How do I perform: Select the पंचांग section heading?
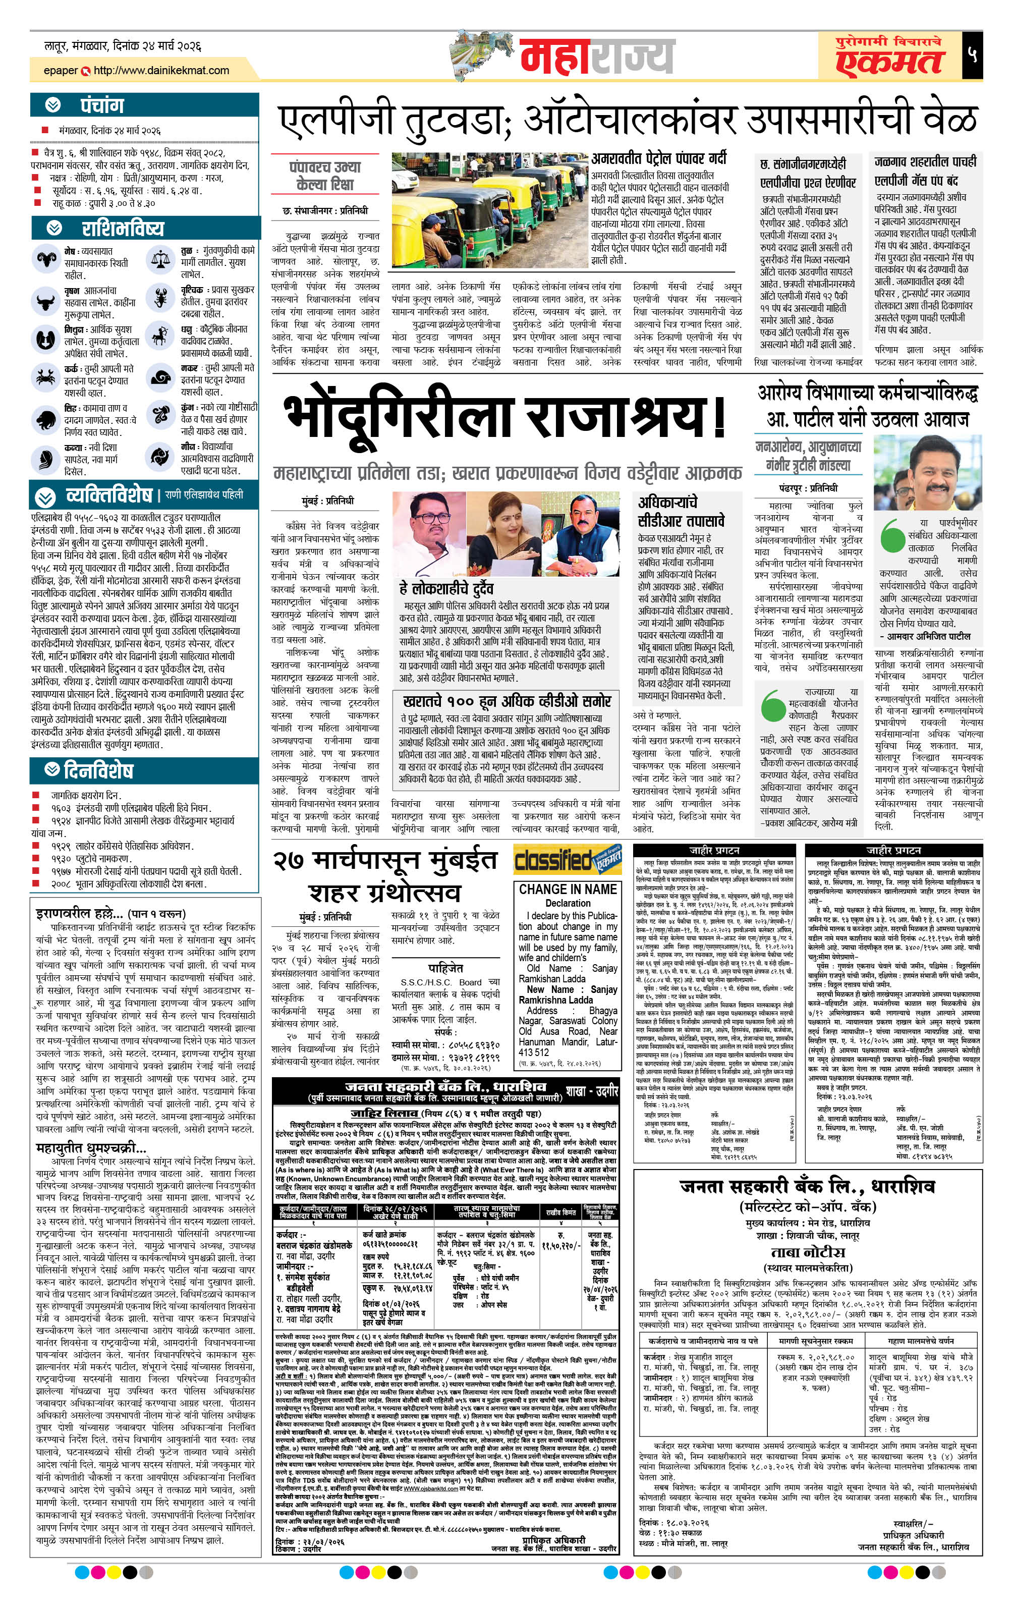[x=102, y=105]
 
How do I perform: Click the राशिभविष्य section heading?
[x=122, y=229]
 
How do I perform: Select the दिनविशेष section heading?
[x=98, y=770]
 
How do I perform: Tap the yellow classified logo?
[x=567, y=860]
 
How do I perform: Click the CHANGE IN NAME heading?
[x=568, y=890]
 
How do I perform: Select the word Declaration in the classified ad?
[x=568, y=903]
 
